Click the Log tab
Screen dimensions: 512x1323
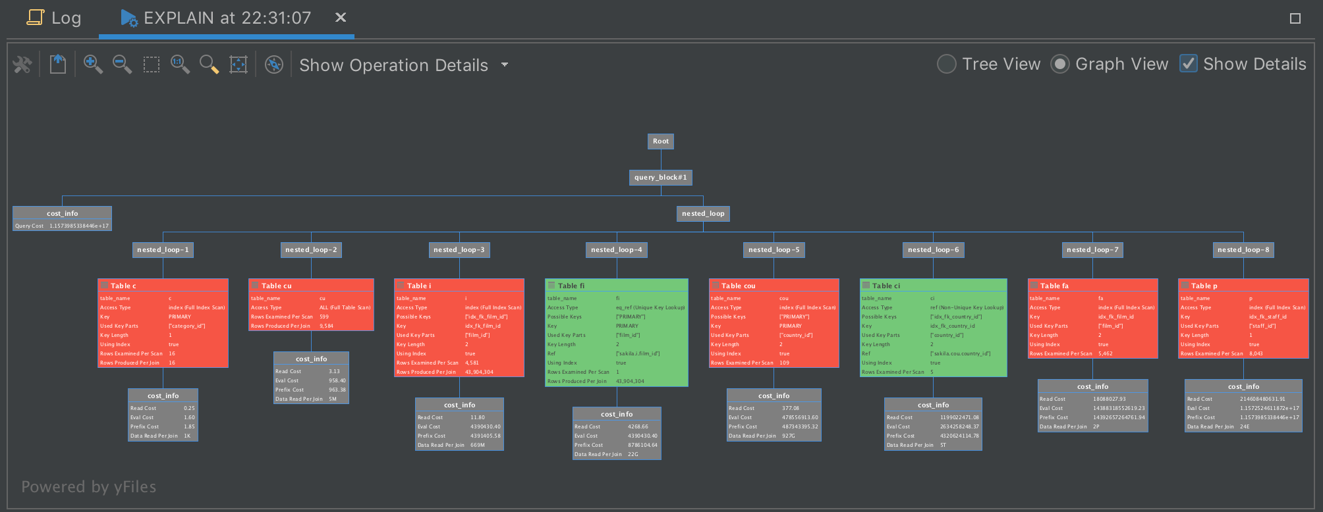coord(55,18)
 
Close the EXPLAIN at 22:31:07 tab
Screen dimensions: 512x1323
coord(341,17)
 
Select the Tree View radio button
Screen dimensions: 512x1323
coord(947,64)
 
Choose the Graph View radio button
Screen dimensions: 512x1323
coord(1060,64)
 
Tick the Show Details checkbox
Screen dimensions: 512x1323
coord(1189,64)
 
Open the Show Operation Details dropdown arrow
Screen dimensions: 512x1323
coord(505,64)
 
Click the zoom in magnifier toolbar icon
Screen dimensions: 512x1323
coord(93,64)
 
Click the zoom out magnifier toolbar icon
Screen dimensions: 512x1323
coord(122,64)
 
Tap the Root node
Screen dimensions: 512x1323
coord(661,141)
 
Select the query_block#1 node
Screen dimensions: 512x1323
coord(661,178)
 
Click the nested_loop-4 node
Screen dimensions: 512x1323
coord(617,250)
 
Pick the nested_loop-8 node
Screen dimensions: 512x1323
coord(1243,250)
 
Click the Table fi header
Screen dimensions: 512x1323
coord(617,286)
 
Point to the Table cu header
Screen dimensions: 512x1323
coord(311,286)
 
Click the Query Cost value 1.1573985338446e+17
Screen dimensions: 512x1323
coord(79,226)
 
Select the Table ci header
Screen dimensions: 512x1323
coord(933,286)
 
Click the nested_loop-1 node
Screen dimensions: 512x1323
coord(163,250)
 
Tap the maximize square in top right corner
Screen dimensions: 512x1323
coord(1295,18)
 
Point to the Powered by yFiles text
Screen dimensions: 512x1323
coord(89,487)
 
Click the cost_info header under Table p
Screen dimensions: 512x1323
coord(1243,387)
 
